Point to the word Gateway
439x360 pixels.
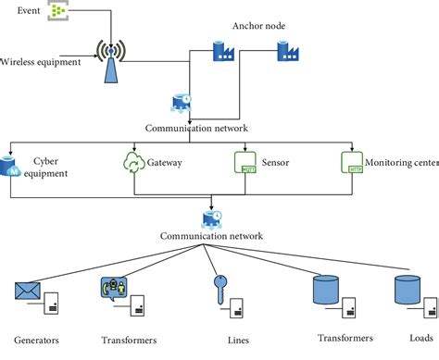165,162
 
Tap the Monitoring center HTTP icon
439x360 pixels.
350,163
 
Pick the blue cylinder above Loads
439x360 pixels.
408,290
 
